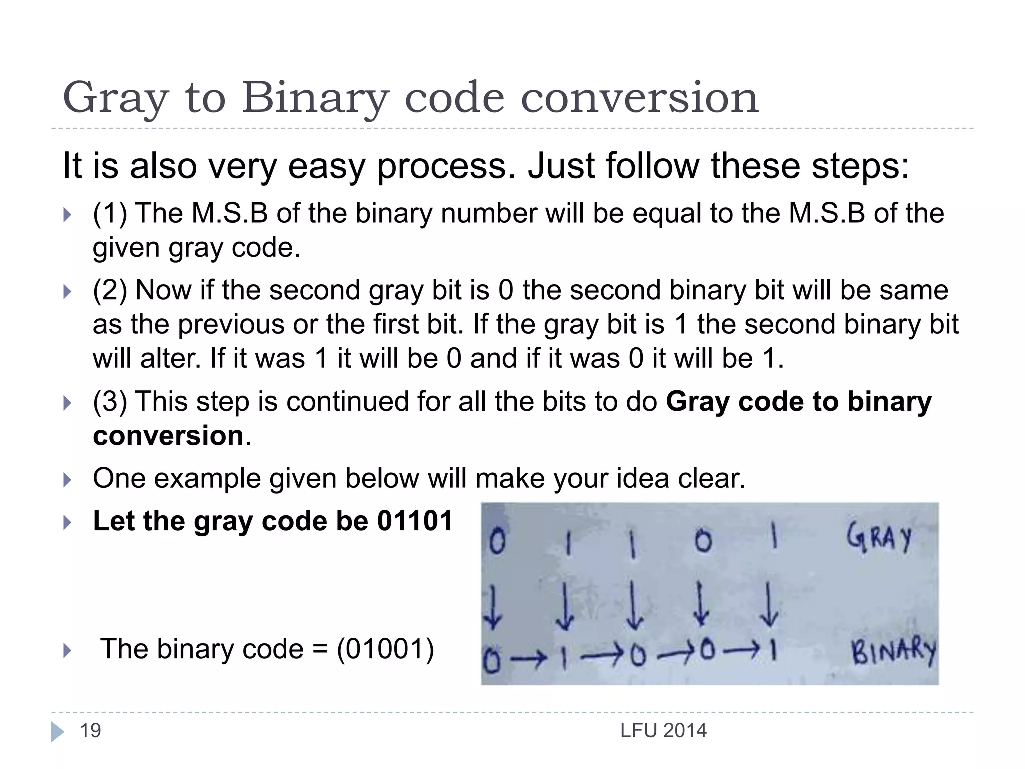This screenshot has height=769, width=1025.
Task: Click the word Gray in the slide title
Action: point(115,98)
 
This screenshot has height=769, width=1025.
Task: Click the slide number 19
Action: point(90,731)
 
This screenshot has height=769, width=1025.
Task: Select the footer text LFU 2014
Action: point(663,731)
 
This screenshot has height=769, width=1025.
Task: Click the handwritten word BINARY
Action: point(893,652)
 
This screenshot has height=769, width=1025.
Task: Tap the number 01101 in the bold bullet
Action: point(415,521)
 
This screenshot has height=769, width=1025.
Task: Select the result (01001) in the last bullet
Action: point(385,649)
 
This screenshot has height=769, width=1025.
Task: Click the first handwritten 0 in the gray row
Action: point(497,542)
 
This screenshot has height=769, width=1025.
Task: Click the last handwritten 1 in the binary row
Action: point(773,651)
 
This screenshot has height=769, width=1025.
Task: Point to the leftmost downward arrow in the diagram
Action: point(493,607)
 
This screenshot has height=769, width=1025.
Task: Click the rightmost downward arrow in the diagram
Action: point(769,604)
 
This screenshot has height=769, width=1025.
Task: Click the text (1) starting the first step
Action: point(110,213)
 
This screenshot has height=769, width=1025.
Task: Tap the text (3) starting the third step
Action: point(110,402)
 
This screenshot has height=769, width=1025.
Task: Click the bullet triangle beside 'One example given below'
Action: point(67,480)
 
